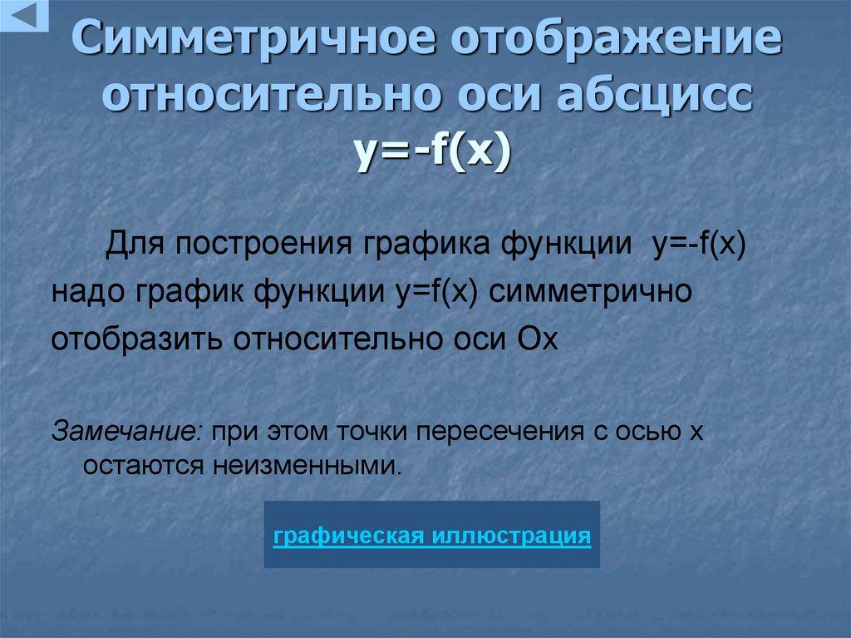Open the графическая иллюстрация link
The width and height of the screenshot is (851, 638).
[x=432, y=535]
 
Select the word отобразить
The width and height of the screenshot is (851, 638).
[x=138, y=339]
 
